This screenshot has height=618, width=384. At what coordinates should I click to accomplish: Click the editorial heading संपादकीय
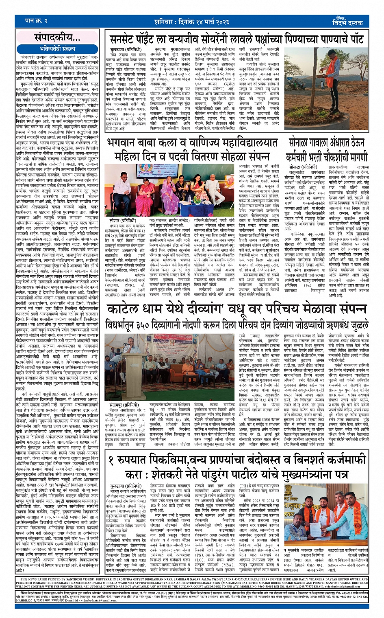[57, 37]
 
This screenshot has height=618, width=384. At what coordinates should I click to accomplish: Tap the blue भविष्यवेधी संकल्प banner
[57, 48]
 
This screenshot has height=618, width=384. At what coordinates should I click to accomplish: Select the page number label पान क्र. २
[36, 21]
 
